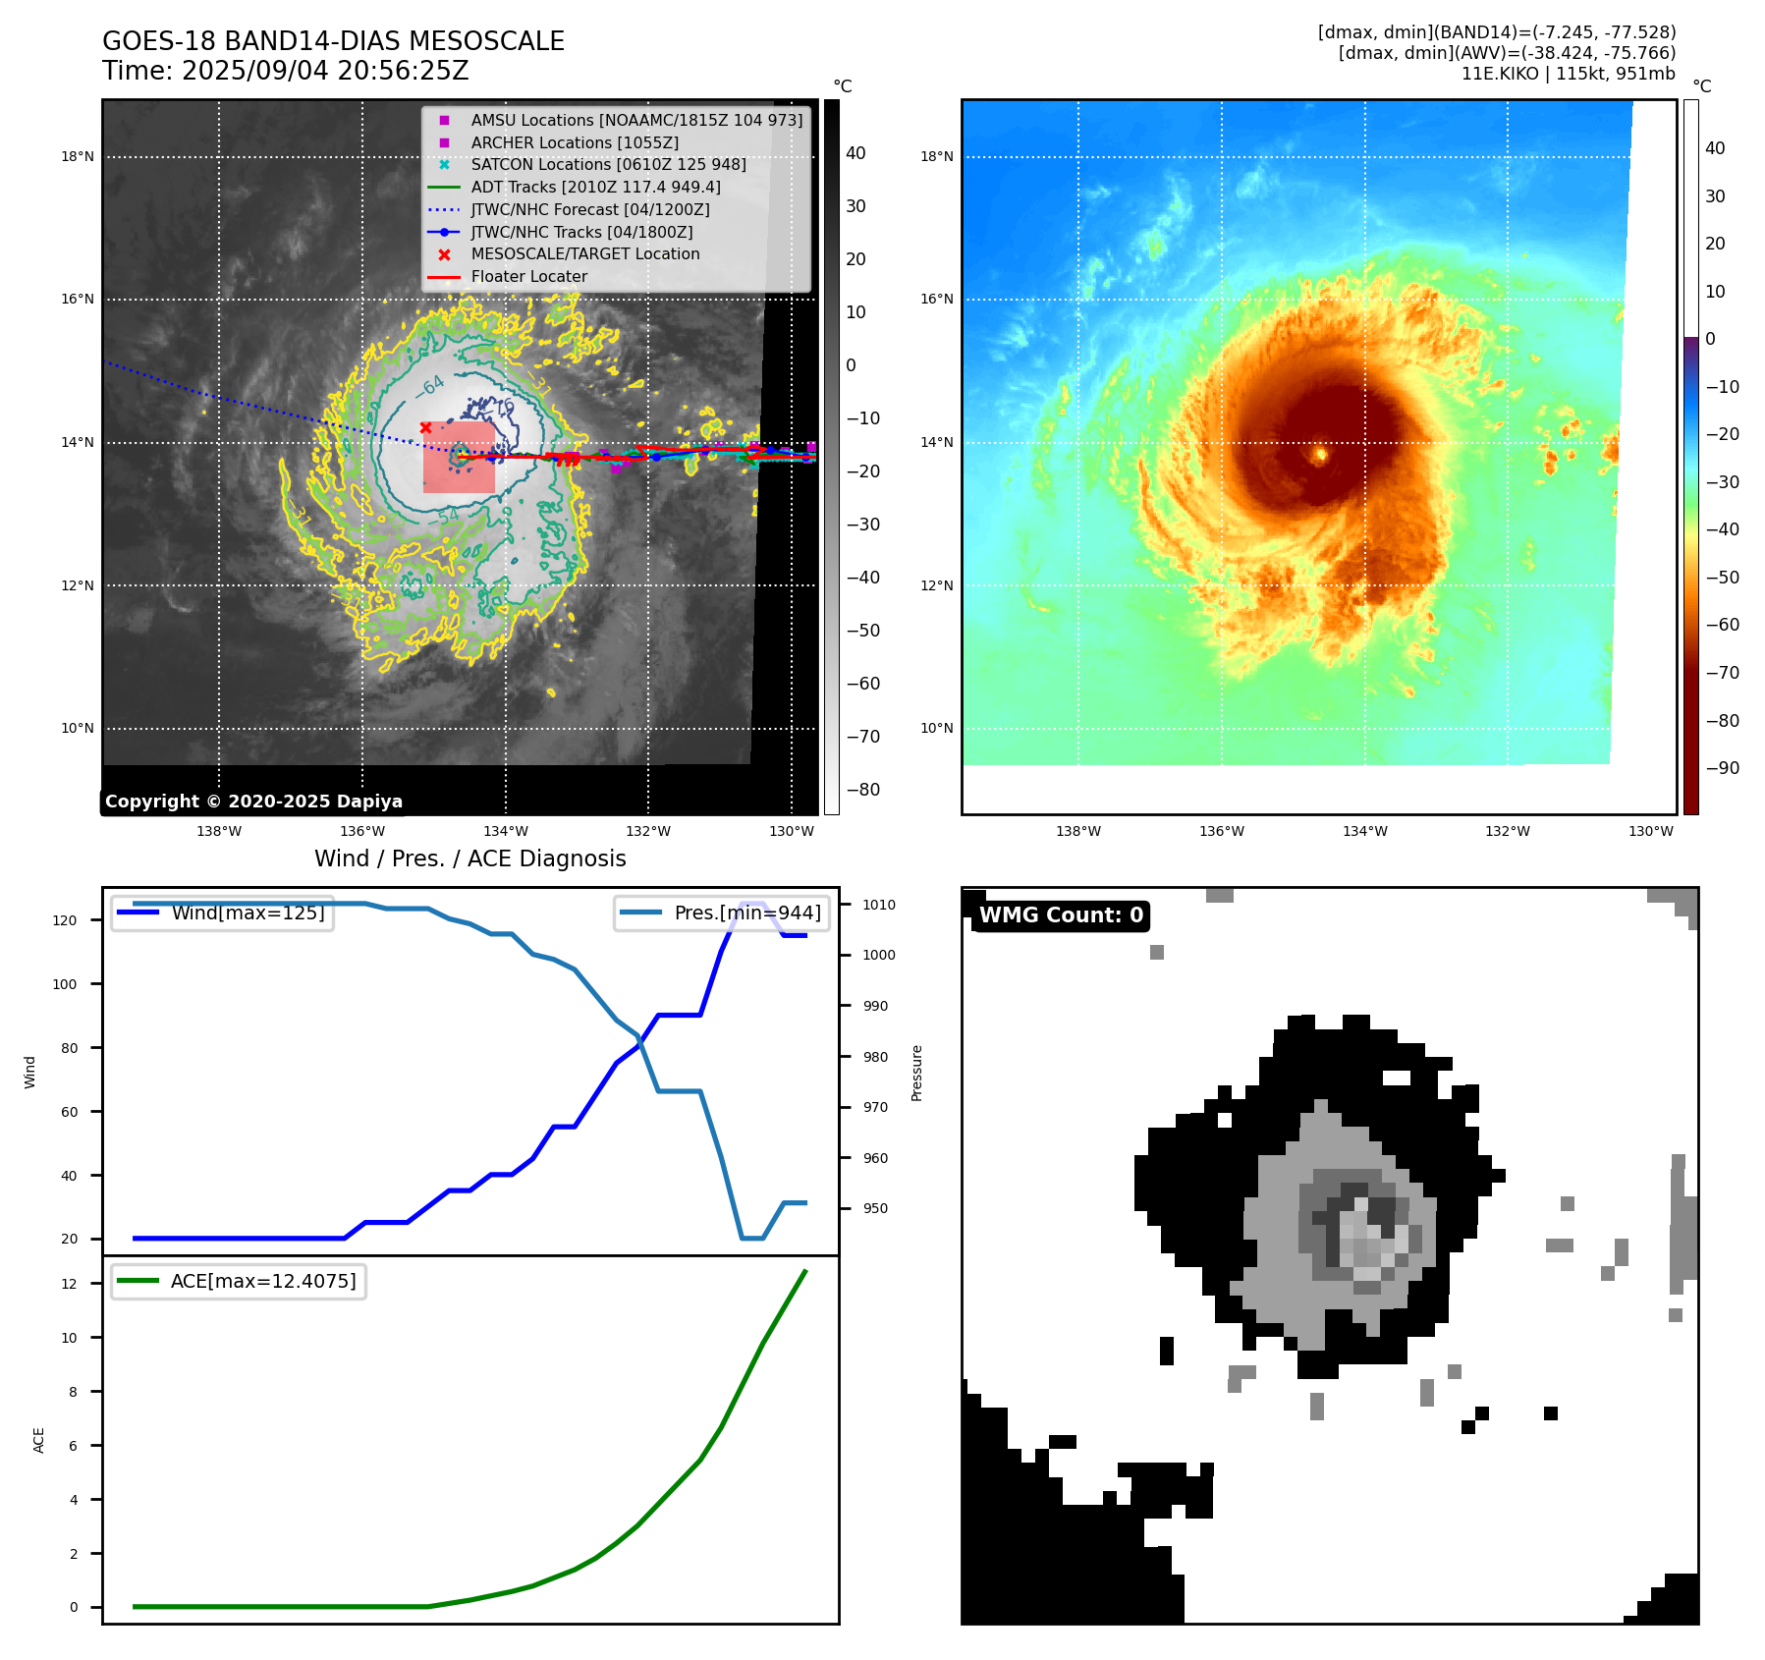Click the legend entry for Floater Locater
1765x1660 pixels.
528,277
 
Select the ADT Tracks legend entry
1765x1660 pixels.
595,187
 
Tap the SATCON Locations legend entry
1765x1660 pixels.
608,164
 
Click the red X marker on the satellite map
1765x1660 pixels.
425,427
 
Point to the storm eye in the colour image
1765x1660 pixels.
1320,454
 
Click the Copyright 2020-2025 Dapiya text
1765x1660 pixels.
253,802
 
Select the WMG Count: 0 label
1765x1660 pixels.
1061,915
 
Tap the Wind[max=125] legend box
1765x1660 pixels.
222,913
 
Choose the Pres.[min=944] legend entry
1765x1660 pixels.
722,913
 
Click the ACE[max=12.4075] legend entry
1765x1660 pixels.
239,1281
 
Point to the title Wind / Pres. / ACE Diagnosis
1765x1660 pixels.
469,858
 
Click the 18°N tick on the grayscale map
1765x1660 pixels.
78,156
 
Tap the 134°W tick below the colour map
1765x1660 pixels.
1364,831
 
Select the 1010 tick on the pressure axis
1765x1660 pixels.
879,905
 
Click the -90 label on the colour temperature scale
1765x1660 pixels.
1722,768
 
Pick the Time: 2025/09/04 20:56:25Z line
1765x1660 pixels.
285,72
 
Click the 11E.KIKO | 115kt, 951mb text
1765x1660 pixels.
1568,74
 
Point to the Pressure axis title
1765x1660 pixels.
916,1073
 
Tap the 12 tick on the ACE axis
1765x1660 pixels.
69,1284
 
